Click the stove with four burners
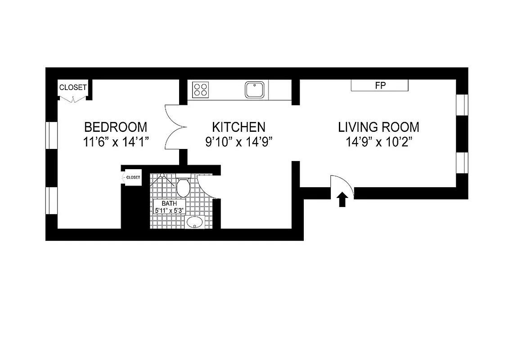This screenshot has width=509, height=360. pyautogui.click(x=200, y=90)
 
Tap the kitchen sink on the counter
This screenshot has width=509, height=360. pyautogui.click(x=255, y=90)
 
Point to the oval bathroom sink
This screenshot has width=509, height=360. pyautogui.click(x=194, y=222)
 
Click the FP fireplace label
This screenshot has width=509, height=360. pyautogui.click(x=380, y=85)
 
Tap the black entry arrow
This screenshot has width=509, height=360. pyautogui.click(x=342, y=199)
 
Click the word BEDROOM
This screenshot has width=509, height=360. pyautogui.click(x=116, y=127)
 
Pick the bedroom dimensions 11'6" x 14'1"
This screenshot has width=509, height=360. pyautogui.click(x=116, y=142)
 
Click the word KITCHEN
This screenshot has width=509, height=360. pyautogui.click(x=239, y=127)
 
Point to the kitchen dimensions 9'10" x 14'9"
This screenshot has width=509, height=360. pyautogui.click(x=239, y=142)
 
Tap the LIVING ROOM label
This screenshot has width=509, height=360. pyautogui.click(x=378, y=127)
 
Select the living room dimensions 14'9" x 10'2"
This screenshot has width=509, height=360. pyautogui.click(x=379, y=142)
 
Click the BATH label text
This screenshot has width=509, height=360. pyautogui.click(x=169, y=203)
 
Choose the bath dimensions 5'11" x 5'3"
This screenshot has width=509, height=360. pyautogui.click(x=169, y=210)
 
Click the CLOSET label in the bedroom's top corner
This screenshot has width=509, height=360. pyautogui.click(x=72, y=88)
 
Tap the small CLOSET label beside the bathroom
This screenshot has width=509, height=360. pyautogui.click(x=133, y=177)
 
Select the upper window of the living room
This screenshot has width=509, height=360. pyautogui.click(x=462, y=105)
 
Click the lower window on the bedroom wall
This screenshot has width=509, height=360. pyautogui.click(x=52, y=201)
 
